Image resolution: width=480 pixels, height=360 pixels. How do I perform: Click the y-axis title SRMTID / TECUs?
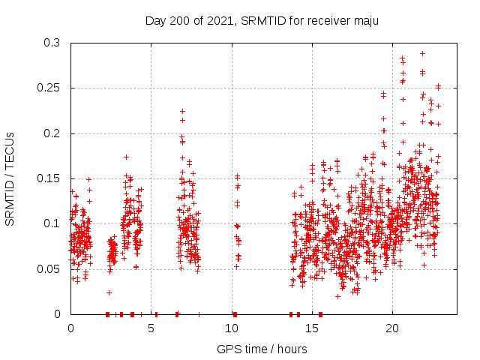point(10,178)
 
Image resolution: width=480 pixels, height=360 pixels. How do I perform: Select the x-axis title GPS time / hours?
point(262,349)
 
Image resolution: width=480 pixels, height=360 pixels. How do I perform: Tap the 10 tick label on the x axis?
point(231,328)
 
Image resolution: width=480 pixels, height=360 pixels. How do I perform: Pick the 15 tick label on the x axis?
point(311,328)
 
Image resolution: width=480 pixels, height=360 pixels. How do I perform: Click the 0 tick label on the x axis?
point(70,328)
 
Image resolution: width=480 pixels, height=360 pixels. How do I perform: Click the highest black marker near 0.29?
point(423,53)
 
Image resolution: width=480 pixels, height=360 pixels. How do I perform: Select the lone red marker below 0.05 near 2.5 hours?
point(109,292)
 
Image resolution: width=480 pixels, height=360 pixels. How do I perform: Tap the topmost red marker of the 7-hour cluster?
point(182,111)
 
